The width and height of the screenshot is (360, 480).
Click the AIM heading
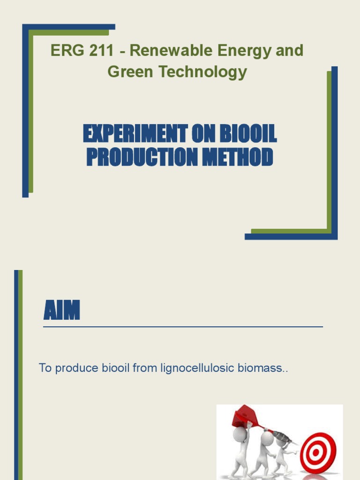[x=61, y=311]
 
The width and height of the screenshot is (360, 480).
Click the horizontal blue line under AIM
[x=183, y=326]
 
